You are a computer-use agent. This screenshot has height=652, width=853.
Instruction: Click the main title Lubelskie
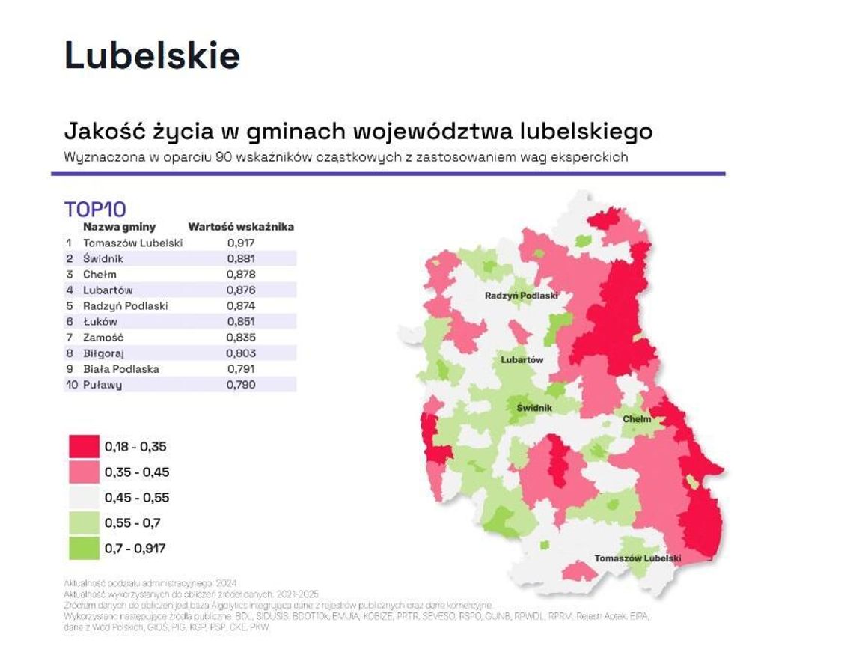coord(152,55)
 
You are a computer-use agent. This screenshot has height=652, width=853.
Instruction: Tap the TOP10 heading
coord(95,209)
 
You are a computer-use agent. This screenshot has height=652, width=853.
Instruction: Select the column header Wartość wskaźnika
coord(241,226)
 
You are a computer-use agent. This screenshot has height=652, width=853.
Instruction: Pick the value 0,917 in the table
coord(240,243)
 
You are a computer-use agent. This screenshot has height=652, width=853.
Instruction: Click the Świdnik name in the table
coord(103,258)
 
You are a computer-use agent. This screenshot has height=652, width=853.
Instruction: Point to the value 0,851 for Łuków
coord(240,321)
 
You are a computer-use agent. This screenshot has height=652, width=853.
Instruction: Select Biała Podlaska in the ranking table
coord(121,368)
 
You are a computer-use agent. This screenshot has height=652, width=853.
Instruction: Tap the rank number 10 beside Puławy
coord(72,385)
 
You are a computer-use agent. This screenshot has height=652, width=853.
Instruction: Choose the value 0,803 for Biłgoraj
coord(240,353)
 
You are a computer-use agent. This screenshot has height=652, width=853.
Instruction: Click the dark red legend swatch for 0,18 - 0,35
coord(83,447)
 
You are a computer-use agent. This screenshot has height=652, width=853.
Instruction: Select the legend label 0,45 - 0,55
coord(137,498)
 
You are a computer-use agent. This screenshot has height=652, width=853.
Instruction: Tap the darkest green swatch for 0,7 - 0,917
coord(83,549)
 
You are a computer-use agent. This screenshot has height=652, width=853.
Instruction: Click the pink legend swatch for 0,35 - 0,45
coord(83,472)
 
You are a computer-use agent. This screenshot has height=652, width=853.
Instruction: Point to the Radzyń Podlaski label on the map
coord(522,296)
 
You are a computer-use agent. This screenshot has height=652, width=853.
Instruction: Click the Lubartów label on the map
coord(522,360)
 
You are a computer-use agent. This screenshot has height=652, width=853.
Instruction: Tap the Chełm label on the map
coord(637,419)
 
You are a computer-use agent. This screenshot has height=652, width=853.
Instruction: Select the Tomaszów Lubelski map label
coord(638,558)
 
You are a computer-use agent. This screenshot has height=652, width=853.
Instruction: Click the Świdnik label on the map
coord(534,408)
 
